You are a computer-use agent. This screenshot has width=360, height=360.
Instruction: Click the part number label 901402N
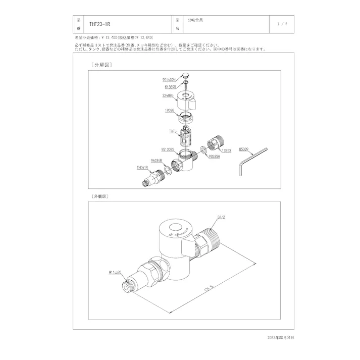click(x=169, y=80)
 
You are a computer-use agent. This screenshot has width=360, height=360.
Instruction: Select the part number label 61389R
click(x=170, y=86)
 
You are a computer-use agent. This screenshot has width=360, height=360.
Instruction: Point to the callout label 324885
click(x=169, y=95)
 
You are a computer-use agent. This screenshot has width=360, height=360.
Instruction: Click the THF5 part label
click(x=172, y=130)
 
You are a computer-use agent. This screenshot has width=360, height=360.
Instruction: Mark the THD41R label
click(x=142, y=167)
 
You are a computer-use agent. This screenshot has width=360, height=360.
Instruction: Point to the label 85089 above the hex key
click(x=245, y=149)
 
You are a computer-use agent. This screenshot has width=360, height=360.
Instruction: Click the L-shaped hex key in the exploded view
click(x=251, y=159)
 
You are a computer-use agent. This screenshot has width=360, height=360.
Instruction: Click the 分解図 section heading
click(x=101, y=65)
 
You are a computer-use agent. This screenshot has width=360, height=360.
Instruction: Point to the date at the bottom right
click(x=280, y=337)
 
